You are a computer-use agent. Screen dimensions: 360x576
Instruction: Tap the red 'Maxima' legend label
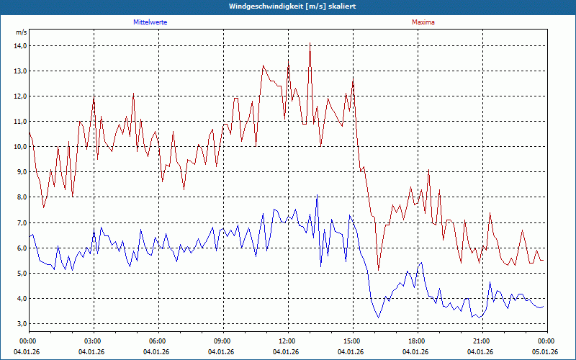[x=423, y=22]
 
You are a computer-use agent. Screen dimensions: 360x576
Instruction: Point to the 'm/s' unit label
[x=21, y=32]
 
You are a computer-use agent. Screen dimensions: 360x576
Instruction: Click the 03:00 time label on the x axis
[x=93, y=341]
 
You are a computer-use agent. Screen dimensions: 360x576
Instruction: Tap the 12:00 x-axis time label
[x=287, y=341]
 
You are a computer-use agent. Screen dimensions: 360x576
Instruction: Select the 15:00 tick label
[x=351, y=341]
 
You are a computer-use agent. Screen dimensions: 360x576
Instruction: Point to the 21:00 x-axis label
[x=481, y=341]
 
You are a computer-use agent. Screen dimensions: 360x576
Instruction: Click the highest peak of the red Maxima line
[x=310, y=43]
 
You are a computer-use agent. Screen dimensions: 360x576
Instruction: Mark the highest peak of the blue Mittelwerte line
[x=316, y=195]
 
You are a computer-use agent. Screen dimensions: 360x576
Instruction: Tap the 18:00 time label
[x=416, y=341]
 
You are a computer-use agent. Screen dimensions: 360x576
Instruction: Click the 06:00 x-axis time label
[x=158, y=341]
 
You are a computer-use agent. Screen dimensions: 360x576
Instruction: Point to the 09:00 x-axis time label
[x=222, y=341]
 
